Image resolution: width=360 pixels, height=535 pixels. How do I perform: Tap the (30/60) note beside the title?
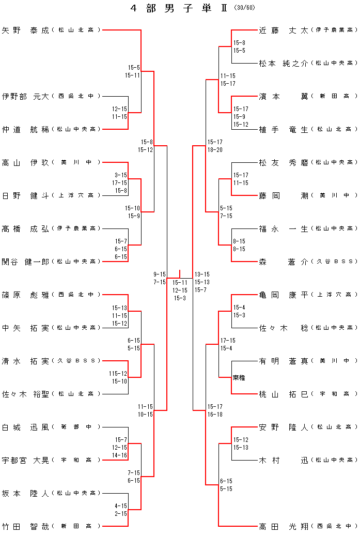[244, 8]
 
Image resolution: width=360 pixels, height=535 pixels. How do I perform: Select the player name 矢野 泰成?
[25, 30]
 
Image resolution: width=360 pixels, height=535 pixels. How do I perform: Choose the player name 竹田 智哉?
[25, 526]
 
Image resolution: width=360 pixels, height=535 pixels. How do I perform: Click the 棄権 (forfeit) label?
[239, 378]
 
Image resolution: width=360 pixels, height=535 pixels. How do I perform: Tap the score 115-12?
[118, 373]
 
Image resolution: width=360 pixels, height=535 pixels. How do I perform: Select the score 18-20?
[215, 150]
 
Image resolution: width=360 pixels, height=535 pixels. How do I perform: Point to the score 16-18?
[215, 415]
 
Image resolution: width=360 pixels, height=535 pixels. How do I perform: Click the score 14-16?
[119, 456]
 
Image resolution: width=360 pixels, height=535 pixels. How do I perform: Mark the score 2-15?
[121, 514]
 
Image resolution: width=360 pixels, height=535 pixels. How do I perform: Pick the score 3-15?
[121, 175]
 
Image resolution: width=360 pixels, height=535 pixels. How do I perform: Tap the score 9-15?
[159, 274]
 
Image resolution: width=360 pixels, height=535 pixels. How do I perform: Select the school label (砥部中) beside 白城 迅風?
[75, 427]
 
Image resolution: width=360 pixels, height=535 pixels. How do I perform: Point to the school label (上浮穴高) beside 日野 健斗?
[75, 195]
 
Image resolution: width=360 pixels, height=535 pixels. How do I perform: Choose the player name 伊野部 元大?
[25, 96]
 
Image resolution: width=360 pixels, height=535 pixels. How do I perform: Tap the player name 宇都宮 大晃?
[25, 460]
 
